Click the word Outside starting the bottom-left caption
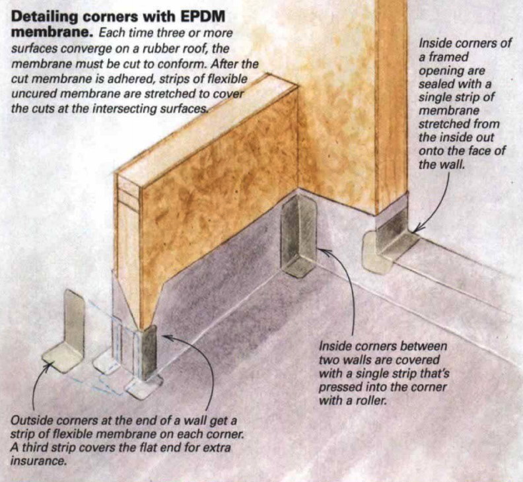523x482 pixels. pyautogui.click(x=32, y=421)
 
